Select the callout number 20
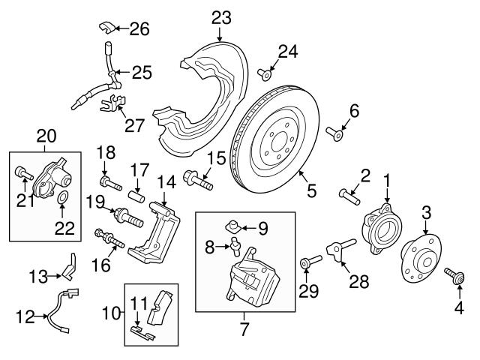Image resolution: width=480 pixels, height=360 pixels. pos(46,135)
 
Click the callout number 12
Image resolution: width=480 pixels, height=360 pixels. pos(24,318)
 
